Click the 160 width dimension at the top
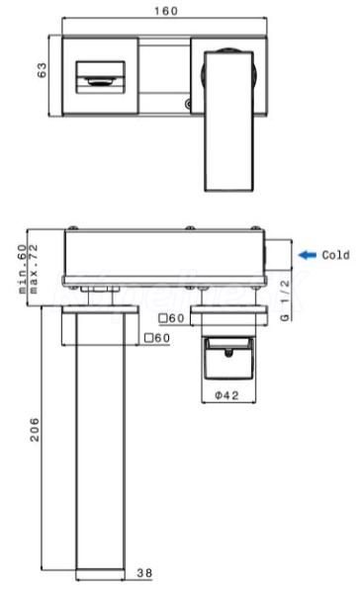coord(166,11)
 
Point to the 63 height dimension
coord(42,70)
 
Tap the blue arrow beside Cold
coord(308,255)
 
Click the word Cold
coord(336,255)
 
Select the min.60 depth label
coord(23,269)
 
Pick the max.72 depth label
coord(34,269)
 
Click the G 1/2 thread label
coord(285,300)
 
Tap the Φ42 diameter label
coord(227,395)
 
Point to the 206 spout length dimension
coord(35,430)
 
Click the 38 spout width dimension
coord(144,573)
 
